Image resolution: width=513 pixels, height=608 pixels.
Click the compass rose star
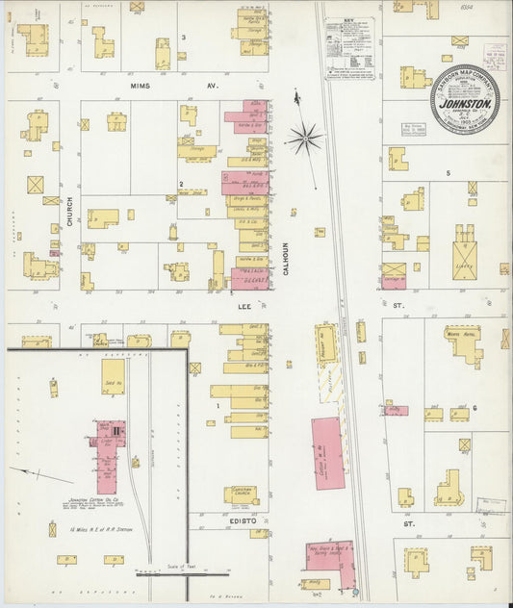305,140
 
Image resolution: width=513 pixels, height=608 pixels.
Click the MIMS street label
142,86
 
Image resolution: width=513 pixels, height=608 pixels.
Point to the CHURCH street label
69,213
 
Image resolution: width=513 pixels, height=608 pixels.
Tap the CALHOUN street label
286,257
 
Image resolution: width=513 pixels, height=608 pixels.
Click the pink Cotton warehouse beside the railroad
328,452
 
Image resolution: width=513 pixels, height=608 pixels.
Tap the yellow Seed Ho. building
113,376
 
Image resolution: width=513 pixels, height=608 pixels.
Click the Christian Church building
241,494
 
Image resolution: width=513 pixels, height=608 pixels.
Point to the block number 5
448,173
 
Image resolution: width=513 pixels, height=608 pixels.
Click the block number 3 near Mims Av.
184,39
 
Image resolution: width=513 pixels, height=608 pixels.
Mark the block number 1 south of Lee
218,407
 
